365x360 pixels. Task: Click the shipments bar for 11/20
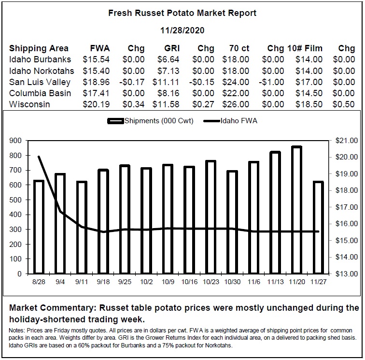point(297,210)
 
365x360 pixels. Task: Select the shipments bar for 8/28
point(39,227)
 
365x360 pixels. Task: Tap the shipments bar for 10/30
point(232,222)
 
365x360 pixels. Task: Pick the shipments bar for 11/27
point(318,228)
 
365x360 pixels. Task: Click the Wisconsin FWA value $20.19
point(96,104)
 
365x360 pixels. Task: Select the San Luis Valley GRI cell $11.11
point(166,82)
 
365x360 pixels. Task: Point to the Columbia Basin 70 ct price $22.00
point(236,93)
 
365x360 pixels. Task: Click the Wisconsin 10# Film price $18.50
point(309,104)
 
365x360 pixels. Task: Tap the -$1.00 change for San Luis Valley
point(271,82)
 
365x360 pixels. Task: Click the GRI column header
point(172,48)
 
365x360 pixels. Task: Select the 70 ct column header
point(239,48)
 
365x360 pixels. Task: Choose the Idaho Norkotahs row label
point(42,71)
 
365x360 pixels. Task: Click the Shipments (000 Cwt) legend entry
point(150,121)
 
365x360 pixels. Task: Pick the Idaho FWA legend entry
point(230,121)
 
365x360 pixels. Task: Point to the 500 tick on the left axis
point(15,200)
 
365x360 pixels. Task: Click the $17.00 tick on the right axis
point(346,207)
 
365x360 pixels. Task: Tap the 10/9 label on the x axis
point(168,282)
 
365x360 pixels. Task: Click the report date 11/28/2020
point(182,30)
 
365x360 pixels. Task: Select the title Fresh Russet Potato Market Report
point(182,13)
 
